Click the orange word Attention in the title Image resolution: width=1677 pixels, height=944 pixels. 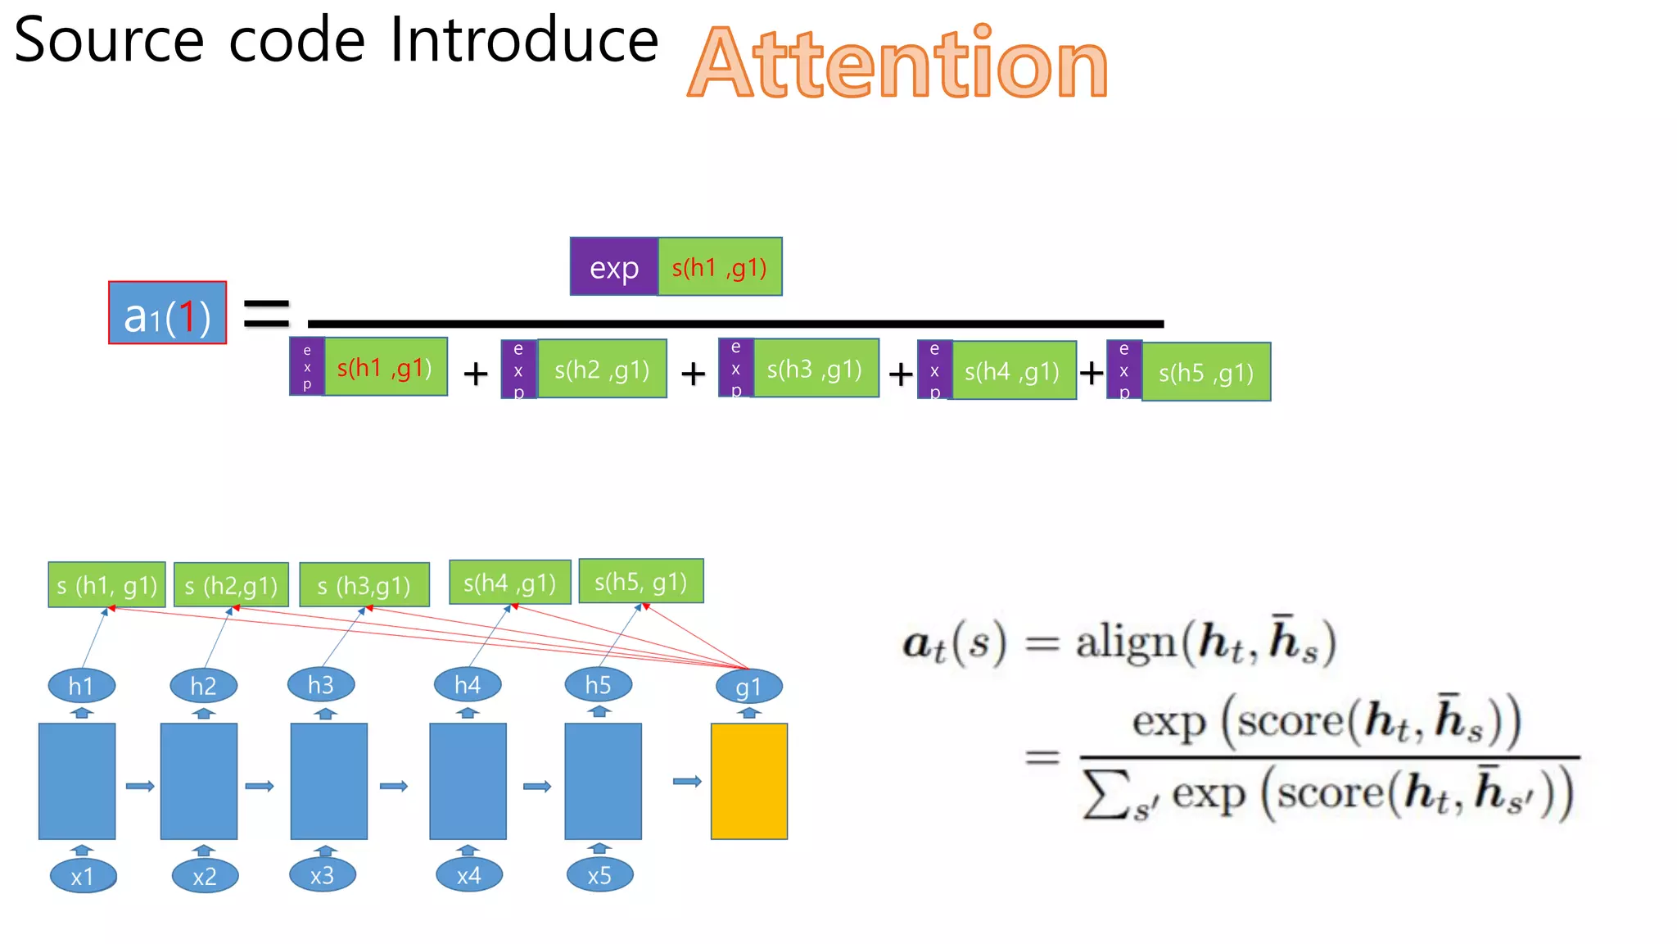click(x=897, y=63)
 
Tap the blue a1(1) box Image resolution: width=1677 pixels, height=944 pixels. click(x=167, y=313)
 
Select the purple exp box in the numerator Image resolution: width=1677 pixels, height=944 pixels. click(x=613, y=267)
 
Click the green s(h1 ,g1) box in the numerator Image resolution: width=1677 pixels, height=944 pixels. click(x=720, y=267)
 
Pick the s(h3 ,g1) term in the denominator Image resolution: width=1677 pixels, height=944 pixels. click(x=816, y=369)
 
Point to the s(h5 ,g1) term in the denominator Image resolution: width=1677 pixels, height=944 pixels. click(x=1206, y=372)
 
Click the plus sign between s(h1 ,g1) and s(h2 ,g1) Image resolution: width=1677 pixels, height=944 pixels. click(x=475, y=374)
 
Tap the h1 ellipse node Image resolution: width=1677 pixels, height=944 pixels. click(x=81, y=686)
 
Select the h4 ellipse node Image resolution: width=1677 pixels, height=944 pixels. click(x=468, y=684)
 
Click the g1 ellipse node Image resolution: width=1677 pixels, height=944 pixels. click(x=748, y=687)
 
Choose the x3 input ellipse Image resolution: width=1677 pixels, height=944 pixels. click(x=322, y=875)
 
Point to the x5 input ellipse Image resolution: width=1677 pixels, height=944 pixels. click(x=599, y=875)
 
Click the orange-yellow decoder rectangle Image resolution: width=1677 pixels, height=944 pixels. click(x=748, y=781)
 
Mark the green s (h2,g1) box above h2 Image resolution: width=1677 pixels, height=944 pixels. click(x=231, y=585)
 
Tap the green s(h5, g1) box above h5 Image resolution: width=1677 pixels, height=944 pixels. click(x=640, y=582)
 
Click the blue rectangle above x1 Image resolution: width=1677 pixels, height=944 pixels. click(x=77, y=781)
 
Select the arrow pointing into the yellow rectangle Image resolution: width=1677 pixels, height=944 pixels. click(x=687, y=782)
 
